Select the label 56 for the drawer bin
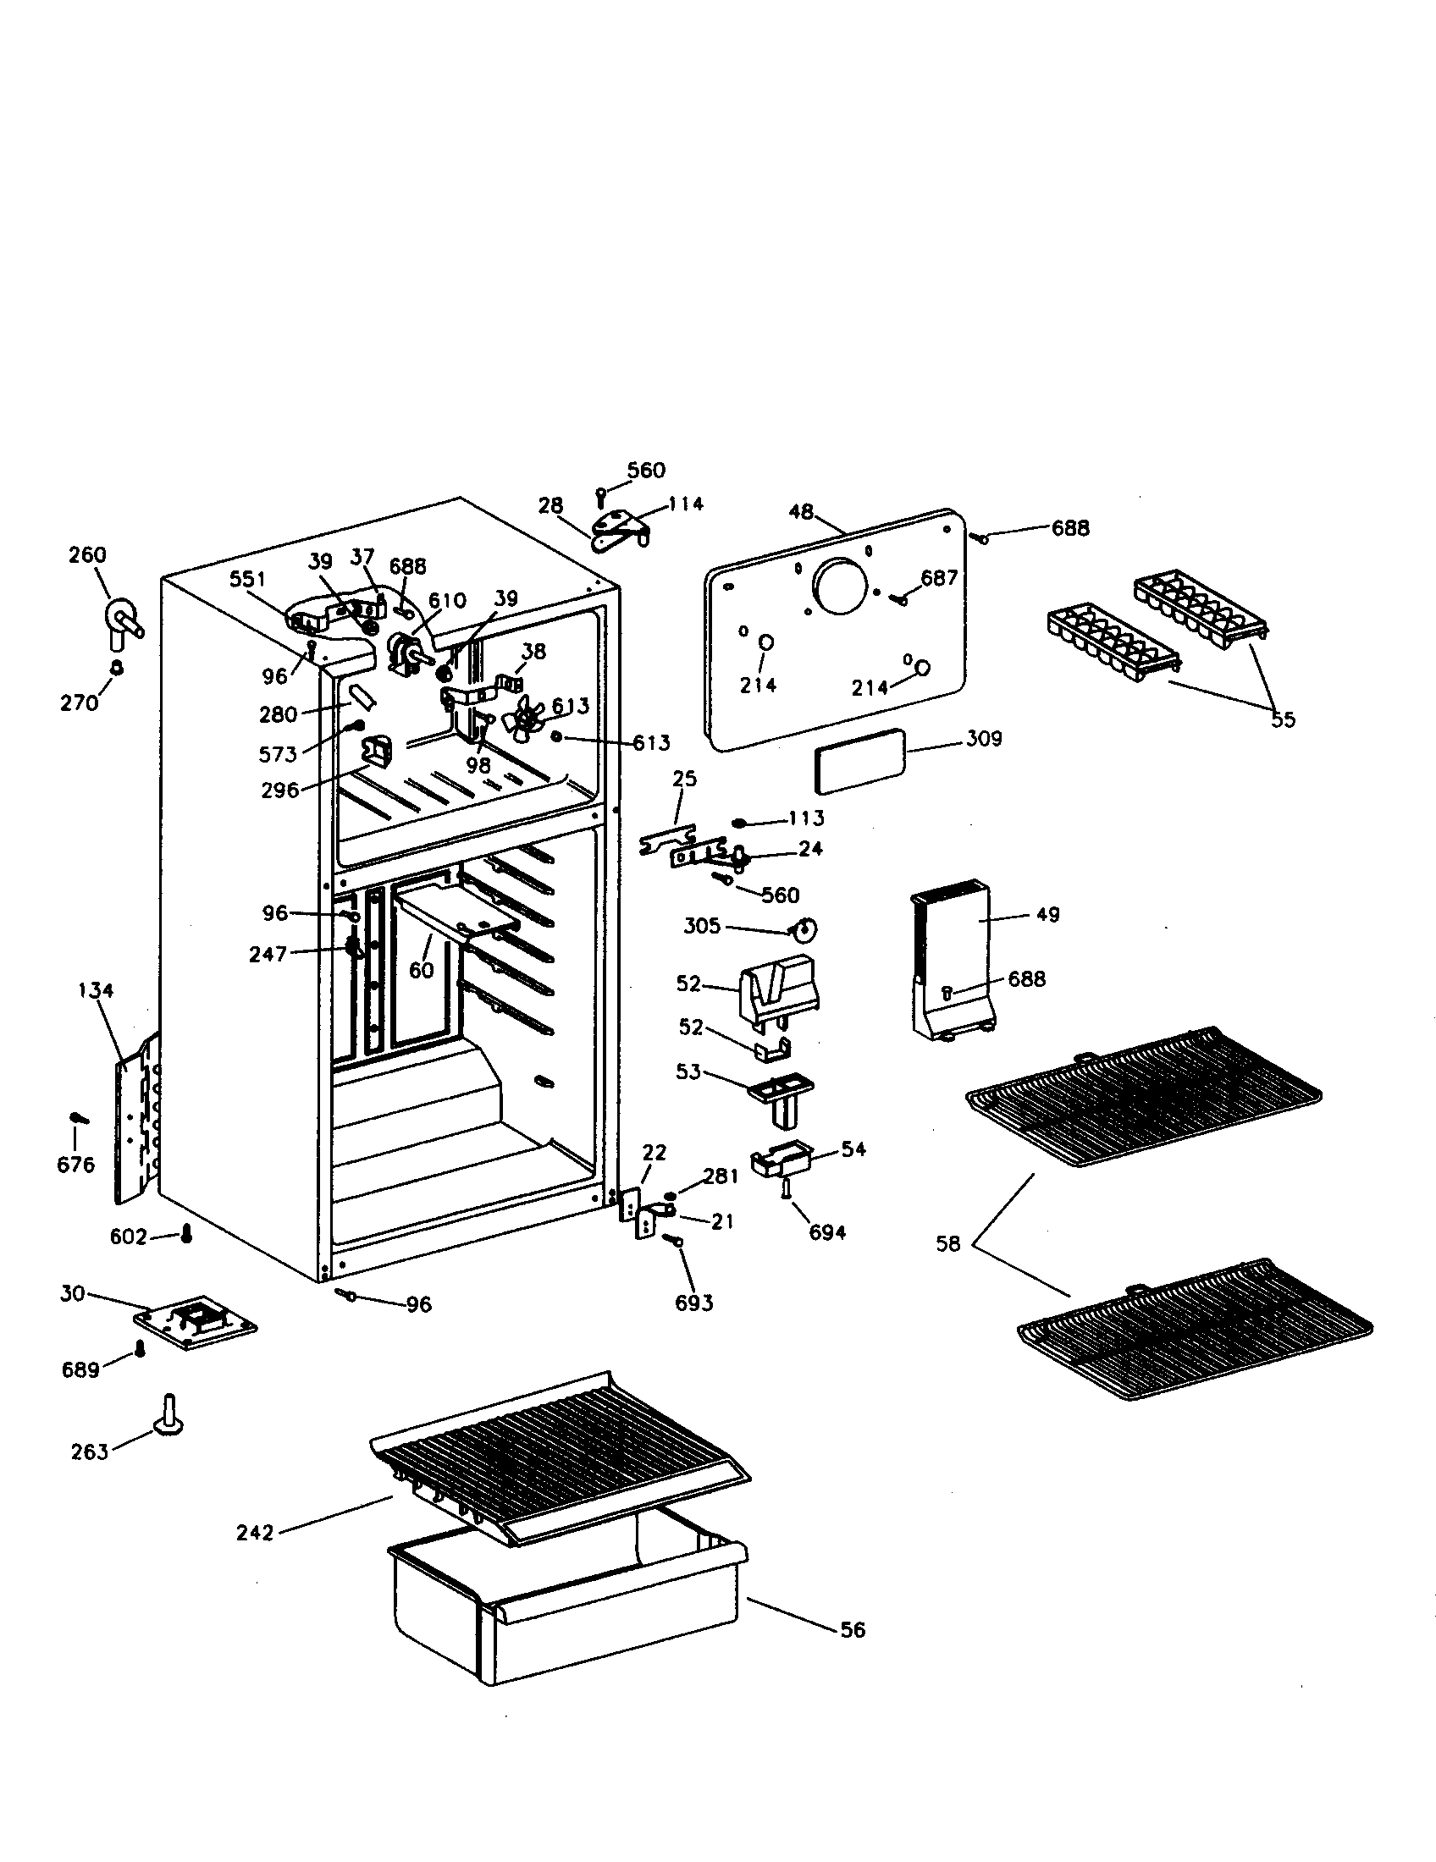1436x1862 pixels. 853,1629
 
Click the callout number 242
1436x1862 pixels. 255,1533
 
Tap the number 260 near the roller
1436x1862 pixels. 87,555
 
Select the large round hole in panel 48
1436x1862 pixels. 841,587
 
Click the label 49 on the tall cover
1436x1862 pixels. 1047,914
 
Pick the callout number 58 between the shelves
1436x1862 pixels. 947,1244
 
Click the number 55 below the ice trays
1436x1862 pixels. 1283,719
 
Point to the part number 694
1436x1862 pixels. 827,1233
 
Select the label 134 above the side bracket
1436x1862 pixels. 96,991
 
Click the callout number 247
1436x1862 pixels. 268,954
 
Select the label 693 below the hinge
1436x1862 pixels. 694,1303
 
